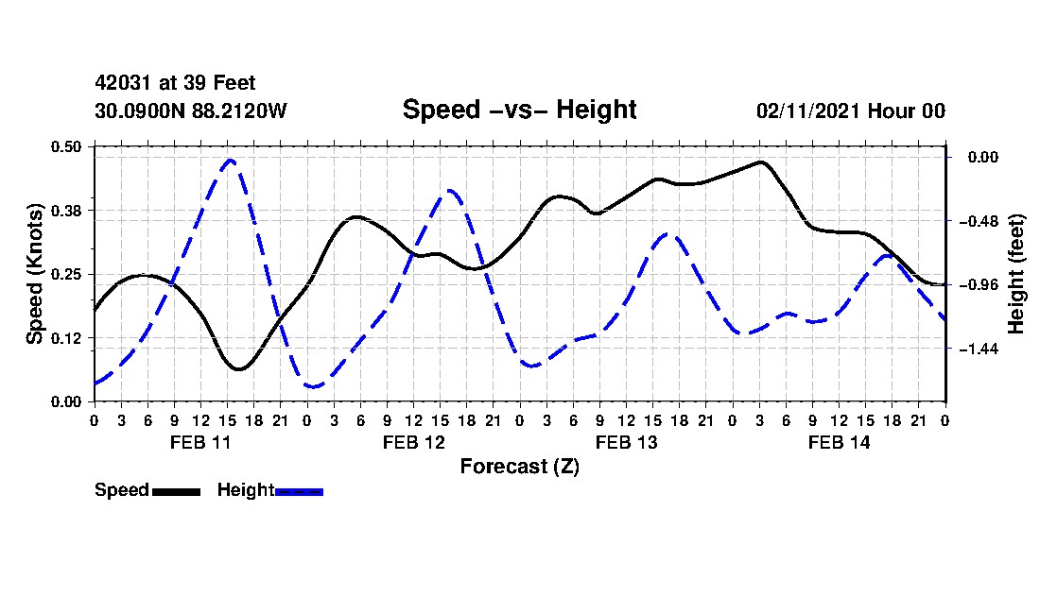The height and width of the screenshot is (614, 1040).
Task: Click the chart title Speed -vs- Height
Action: tap(519, 110)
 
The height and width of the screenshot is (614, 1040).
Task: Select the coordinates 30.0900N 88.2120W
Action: tap(191, 111)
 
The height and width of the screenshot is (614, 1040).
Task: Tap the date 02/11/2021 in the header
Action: tap(807, 111)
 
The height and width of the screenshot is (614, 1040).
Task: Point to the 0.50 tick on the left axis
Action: tap(65, 146)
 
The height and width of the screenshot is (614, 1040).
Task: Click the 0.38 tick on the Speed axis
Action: tap(65, 211)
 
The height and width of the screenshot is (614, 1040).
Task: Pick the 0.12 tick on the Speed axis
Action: tap(65, 338)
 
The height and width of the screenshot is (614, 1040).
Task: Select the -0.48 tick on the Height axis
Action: tap(979, 220)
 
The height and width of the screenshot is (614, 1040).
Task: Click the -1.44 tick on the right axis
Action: tap(979, 349)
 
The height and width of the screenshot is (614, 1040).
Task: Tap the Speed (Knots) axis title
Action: tap(34, 274)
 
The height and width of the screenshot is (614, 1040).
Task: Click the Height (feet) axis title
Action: tap(1015, 274)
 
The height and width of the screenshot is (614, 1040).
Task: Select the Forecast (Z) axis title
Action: tap(520, 467)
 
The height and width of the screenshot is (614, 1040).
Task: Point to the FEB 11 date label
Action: tap(200, 442)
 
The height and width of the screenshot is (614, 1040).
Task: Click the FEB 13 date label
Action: tap(626, 442)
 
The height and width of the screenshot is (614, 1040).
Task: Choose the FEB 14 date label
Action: tap(839, 442)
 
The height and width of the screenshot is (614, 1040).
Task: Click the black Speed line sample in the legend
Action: tap(177, 491)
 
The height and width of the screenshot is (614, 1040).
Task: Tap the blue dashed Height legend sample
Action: tap(299, 491)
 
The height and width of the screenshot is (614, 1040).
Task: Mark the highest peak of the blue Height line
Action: tap(230, 160)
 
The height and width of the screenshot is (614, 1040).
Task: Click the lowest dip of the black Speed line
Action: tap(239, 369)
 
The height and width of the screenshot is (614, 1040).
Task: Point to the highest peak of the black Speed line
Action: tap(760, 162)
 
